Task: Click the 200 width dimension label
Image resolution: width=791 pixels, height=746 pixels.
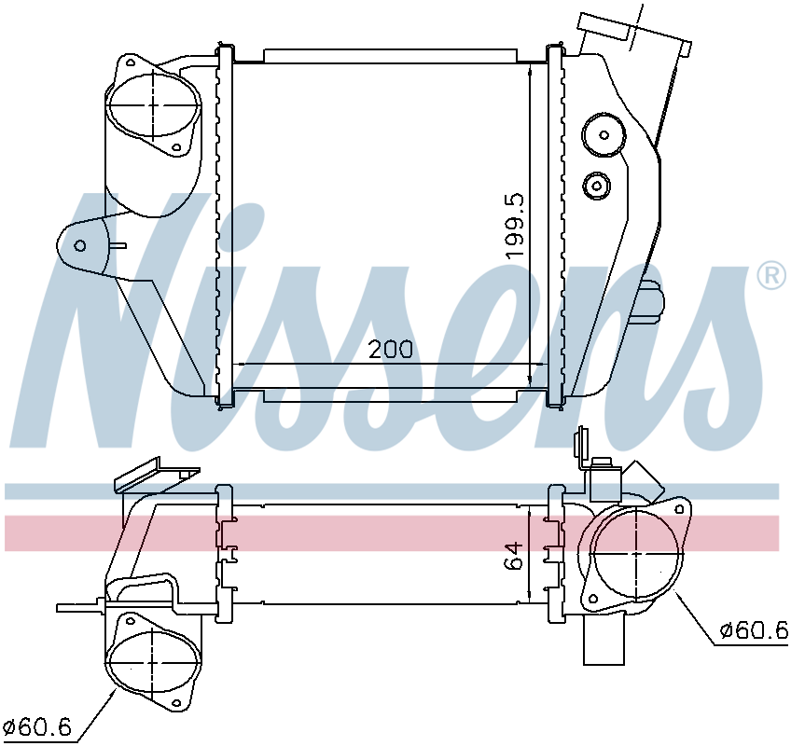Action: coord(391,349)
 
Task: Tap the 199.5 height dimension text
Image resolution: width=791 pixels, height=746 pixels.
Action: coord(516,226)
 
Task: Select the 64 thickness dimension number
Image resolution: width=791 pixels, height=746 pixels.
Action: coord(514,556)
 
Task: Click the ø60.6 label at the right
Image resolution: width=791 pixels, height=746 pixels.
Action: coord(754,630)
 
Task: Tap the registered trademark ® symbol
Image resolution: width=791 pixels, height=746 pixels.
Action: coord(771,276)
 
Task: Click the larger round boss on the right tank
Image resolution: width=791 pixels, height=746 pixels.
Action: coord(604,134)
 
